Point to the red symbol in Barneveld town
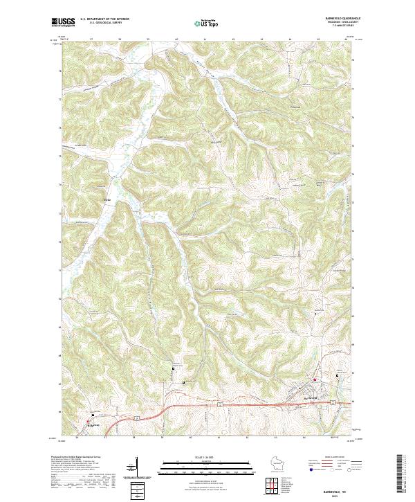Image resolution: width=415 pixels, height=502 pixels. point(315,379)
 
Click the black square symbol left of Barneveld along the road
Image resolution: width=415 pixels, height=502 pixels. point(183,382)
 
